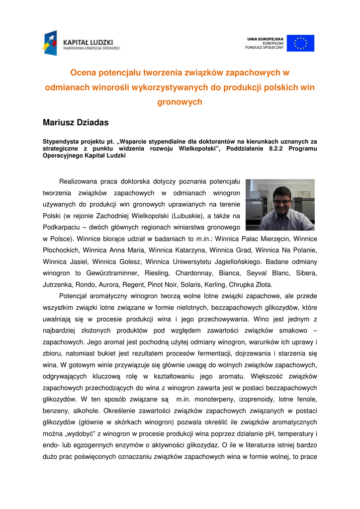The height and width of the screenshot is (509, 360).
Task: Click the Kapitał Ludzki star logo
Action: click(50, 43)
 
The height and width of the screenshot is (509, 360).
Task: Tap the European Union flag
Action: click(300, 43)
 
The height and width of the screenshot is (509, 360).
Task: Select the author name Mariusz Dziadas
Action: click(76, 122)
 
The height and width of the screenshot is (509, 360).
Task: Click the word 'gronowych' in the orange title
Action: click(180, 102)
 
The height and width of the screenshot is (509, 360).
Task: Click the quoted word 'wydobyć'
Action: click(80, 433)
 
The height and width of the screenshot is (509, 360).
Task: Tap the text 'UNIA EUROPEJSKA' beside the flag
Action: click(265, 38)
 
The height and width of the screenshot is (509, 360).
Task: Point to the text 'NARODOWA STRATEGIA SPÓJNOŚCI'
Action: click(91, 48)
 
